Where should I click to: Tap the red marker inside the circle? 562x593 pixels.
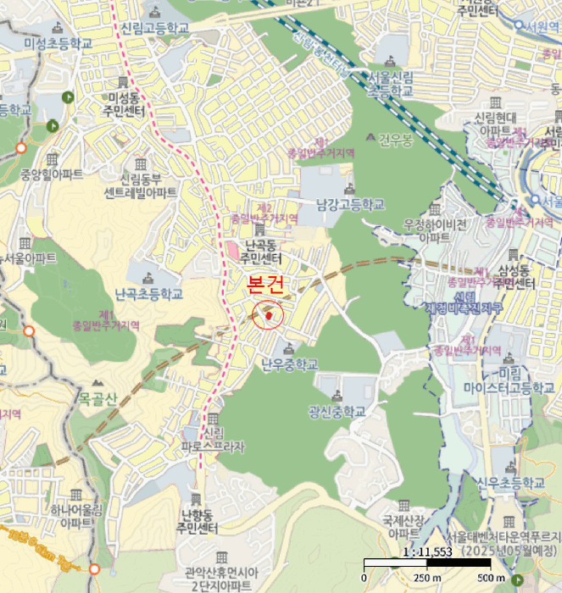tap(270, 316)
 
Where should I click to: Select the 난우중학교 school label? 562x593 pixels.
tap(289, 364)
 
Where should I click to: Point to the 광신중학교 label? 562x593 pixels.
tap(337, 412)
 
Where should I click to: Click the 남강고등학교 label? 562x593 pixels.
tap(350, 204)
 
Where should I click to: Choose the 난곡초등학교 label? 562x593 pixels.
tap(148, 294)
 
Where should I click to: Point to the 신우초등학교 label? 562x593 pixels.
tap(509, 482)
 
